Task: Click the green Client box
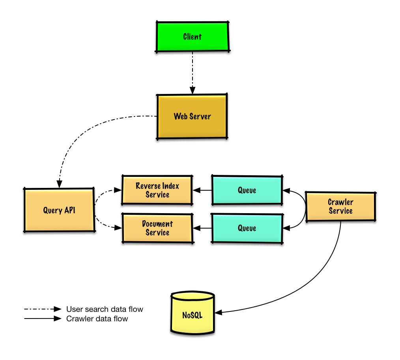pos(193,37)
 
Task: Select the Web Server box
pos(192,116)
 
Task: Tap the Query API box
pos(59,210)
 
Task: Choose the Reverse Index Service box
pos(157,190)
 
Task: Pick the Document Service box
pos(157,228)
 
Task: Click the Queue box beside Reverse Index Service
pos(247,190)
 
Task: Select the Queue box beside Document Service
pos(247,228)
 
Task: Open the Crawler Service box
pos(340,206)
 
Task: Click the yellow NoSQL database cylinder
pos(193,316)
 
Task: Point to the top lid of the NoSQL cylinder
pos(193,296)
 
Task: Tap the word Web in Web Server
pos(181,116)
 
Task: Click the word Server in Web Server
pos(200,116)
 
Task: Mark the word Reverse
pos(148,186)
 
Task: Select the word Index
pos(170,186)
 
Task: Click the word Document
pos(157,224)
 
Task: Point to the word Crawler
pos(340,202)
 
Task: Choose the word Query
pos(52,210)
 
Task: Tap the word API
pos(70,210)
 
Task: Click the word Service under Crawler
pos(340,211)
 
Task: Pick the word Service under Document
pos(157,232)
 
